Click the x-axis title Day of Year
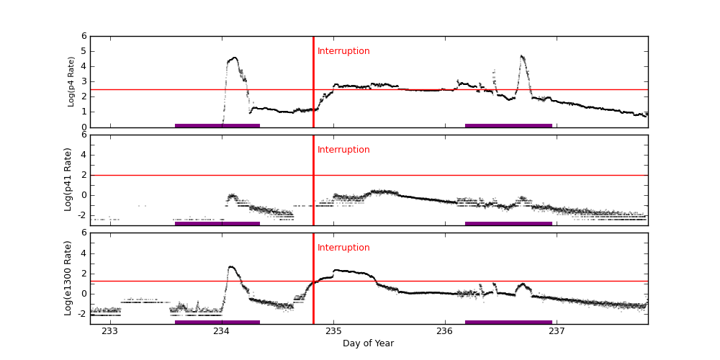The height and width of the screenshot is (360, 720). click(x=368, y=343)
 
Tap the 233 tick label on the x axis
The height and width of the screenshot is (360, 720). click(x=110, y=331)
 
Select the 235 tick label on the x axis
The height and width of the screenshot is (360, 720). click(x=333, y=331)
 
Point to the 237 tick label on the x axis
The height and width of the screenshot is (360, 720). click(x=557, y=331)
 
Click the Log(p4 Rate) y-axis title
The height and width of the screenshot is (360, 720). click(x=71, y=81)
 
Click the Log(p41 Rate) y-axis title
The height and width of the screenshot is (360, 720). click(x=68, y=179)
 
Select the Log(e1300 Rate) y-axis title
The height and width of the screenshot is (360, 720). click(x=68, y=278)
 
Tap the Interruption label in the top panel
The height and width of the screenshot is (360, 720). click(x=343, y=51)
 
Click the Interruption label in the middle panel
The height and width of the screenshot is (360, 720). click(x=343, y=150)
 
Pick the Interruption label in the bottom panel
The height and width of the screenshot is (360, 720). click(x=343, y=248)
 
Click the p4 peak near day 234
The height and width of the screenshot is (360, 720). click(x=234, y=58)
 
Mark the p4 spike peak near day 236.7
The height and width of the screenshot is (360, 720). click(x=521, y=56)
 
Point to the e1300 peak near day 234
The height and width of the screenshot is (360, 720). click(x=230, y=267)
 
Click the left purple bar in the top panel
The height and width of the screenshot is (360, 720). click(x=217, y=125)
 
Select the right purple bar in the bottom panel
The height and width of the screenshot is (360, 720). click(x=508, y=322)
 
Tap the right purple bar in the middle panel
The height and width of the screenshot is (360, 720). click(x=508, y=223)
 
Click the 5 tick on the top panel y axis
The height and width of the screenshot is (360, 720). click(x=84, y=51)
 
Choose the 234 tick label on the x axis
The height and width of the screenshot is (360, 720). click(x=222, y=331)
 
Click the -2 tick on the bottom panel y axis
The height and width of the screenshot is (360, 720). click(x=82, y=314)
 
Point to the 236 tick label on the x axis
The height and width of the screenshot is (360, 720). click(x=445, y=331)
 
